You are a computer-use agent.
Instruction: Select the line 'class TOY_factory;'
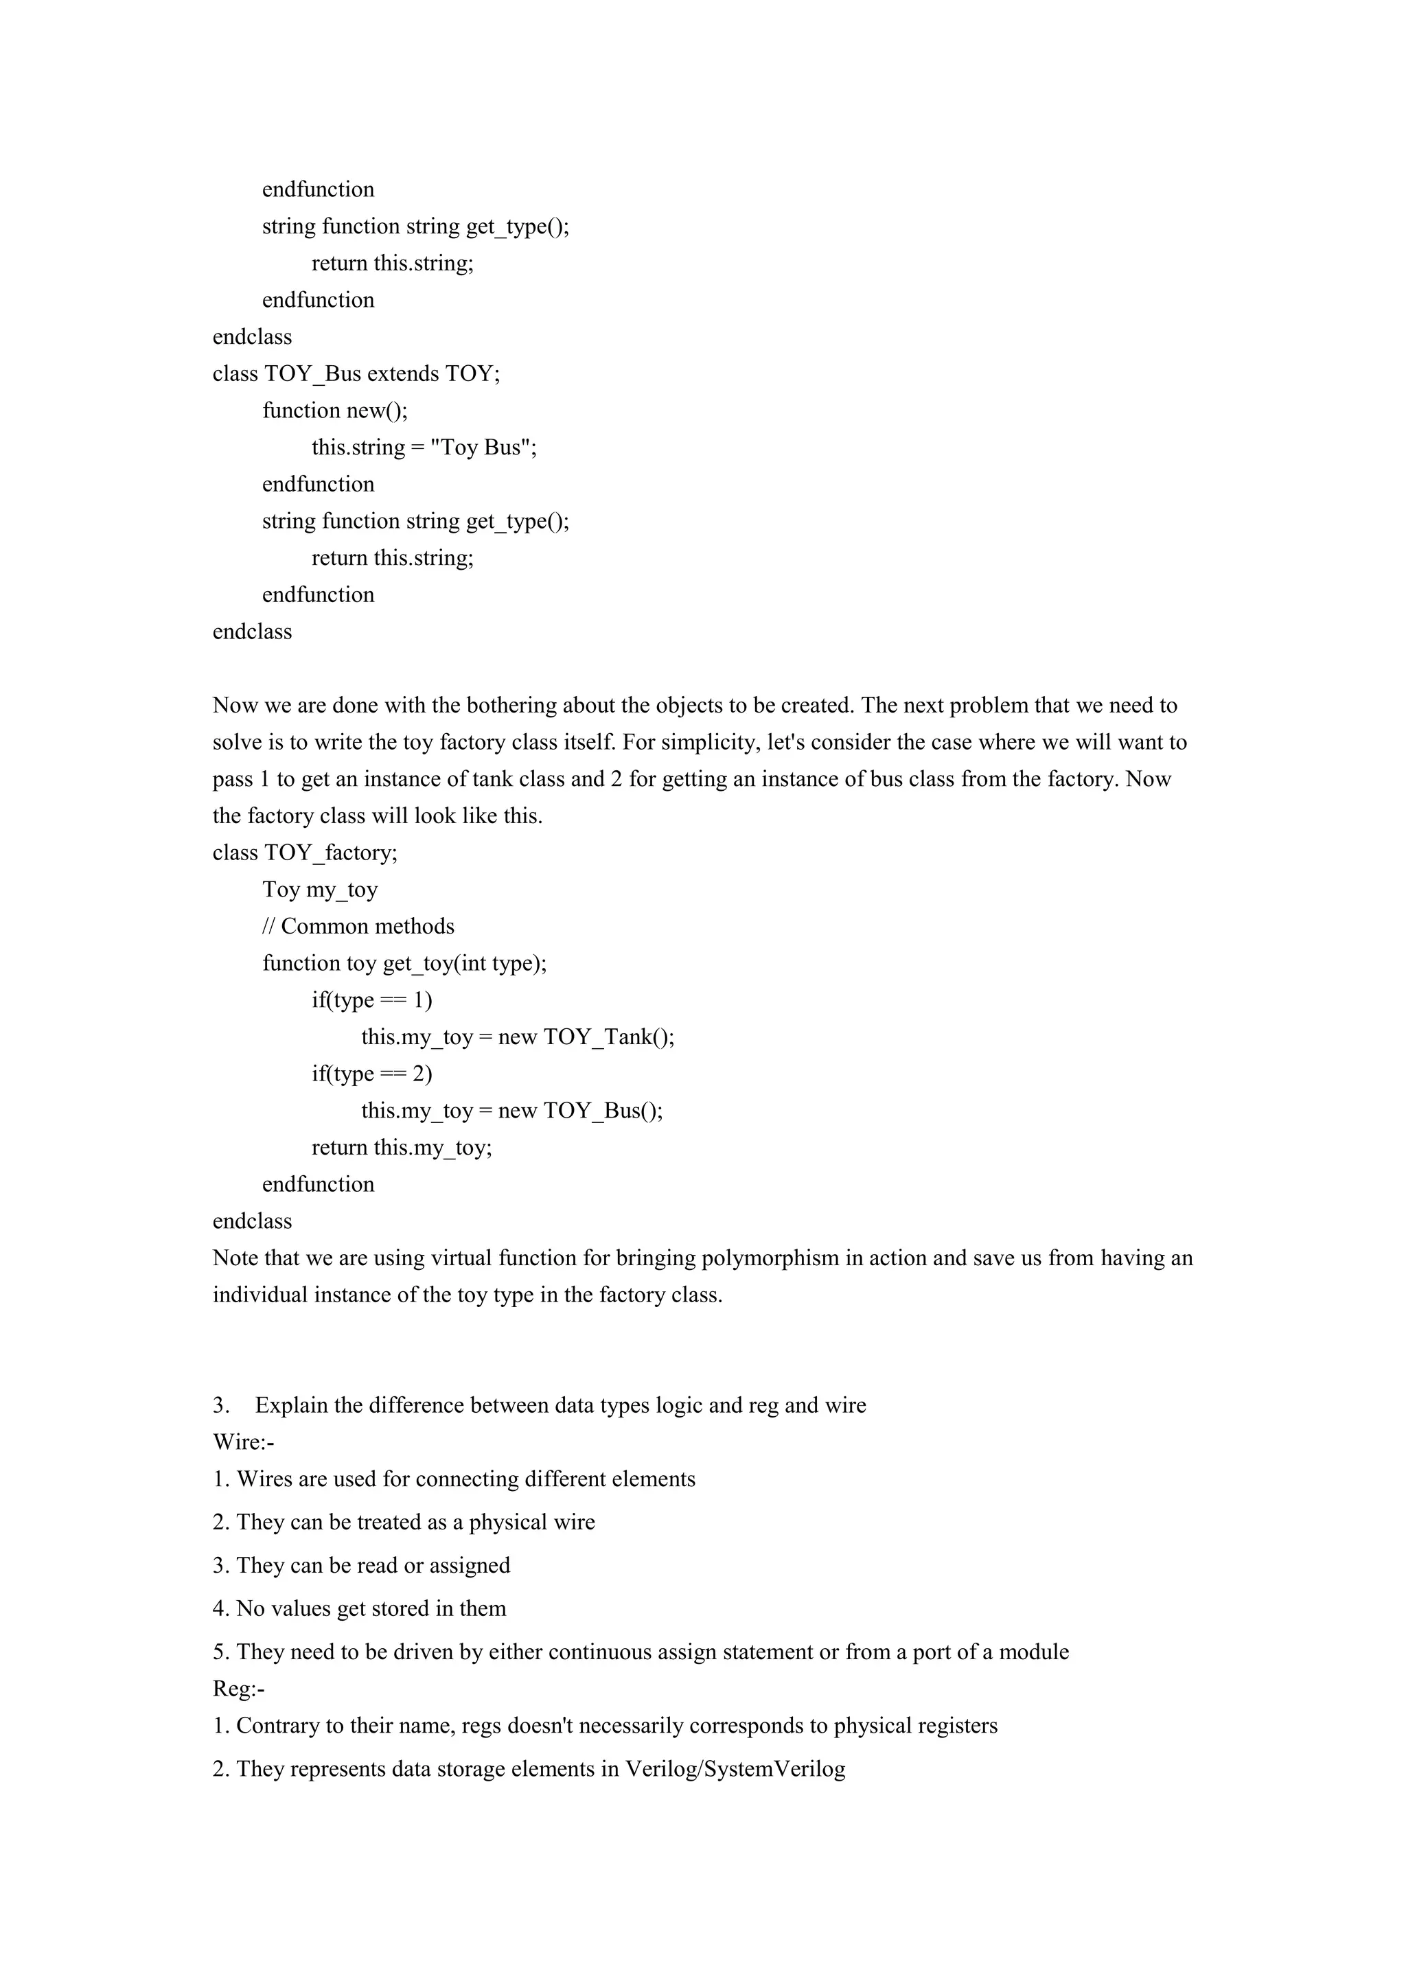tap(305, 853)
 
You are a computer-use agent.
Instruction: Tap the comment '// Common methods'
tap(358, 927)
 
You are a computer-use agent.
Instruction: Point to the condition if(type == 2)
tap(372, 1074)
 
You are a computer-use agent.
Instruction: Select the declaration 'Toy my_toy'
tap(321, 890)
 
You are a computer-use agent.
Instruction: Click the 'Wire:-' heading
tap(243, 1442)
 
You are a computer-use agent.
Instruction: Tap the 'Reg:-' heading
tap(239, 1689)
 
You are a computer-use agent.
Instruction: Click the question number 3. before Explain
tap(221, 1405)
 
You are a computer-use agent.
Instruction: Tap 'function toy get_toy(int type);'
tap(404, 964)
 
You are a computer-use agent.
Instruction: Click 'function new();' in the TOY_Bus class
tap(334, 411)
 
